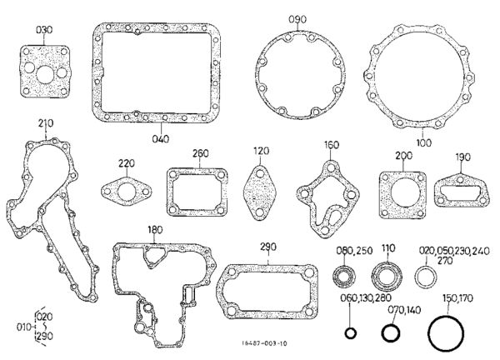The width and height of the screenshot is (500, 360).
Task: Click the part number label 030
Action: click(x=44, y=30)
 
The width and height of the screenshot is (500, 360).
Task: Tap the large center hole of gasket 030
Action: click(x=45, y=75)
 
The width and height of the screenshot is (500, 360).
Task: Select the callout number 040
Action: click(x=161, y=139)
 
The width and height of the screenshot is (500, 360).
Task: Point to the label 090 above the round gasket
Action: click(x=297, y=19)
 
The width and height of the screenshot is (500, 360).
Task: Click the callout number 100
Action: click(x=424, y=142)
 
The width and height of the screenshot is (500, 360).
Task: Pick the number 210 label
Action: click(x=46, y=123)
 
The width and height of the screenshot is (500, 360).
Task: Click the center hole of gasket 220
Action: click(x=127, y=192)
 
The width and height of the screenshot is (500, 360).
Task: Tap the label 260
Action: click(x=201, y=153)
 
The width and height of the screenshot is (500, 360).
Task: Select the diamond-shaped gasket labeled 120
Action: click(x=261, y=192)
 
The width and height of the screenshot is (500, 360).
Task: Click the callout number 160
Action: click(x=332, y=145)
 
